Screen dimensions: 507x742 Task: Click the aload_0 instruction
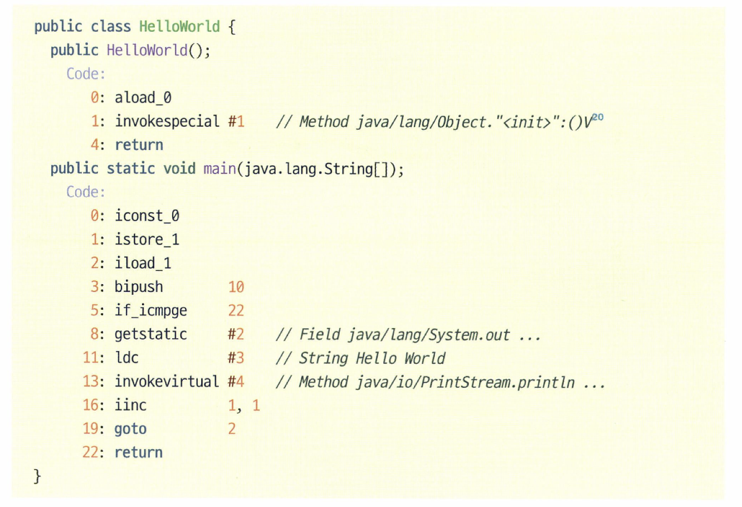[143, 98]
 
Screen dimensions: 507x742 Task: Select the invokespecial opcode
[167, 121]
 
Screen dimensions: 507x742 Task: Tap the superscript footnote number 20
[597, 117]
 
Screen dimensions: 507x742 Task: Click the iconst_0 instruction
[147, 216]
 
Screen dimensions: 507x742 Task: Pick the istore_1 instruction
[147, 240]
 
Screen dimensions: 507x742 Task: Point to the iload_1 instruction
[143, 263]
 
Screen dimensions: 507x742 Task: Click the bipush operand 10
[236, 287]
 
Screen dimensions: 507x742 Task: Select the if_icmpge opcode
[151, 310]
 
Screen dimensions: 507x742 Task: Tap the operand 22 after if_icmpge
[236, 310]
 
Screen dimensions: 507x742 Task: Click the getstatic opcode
[151, 334]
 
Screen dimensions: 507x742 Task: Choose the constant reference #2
[236, 334]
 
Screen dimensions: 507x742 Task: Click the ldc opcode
[126, 358]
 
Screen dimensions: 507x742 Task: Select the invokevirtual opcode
[167, 382]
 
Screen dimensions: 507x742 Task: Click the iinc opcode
[130, 405]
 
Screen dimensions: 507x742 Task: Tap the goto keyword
[130, 429]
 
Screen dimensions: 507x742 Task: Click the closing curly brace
[37, 476]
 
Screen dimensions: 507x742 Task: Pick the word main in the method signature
[219, 169]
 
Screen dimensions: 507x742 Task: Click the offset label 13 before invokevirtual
[91, 382]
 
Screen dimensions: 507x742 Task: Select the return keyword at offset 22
[139, 452]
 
